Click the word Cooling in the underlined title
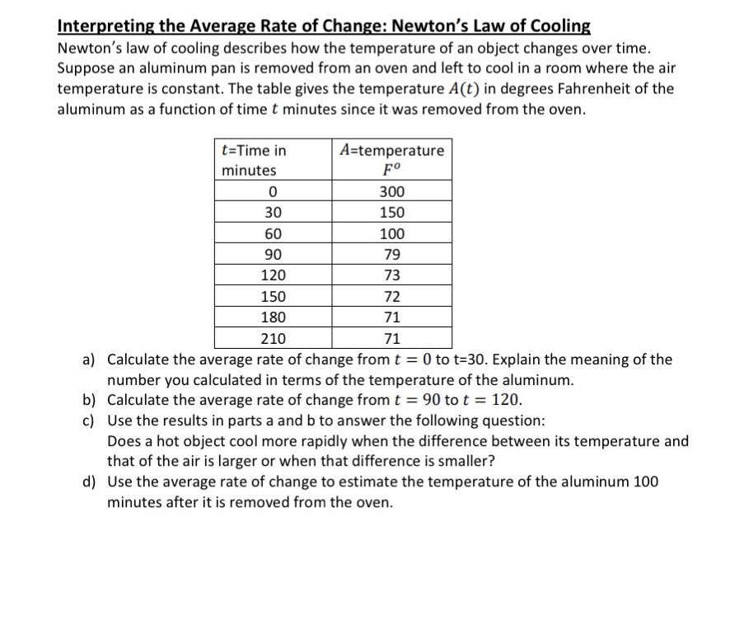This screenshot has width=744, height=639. click(x=554, y=25)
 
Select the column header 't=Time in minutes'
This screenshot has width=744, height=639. click(x=255, y=160)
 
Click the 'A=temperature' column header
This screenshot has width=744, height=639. click(x=391, y=150)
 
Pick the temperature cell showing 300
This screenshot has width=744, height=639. click(x=391, y=192)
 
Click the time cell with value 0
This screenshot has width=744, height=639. click(x=273, y=192)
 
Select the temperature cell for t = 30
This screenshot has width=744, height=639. click(x=391, y=213)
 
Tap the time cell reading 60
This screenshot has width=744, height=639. click(x=273, y=233)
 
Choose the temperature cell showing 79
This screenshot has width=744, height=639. click(x=392, y=255)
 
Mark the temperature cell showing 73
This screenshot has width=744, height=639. click(x=392, y=275)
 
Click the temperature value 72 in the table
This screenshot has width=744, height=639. click(x=392, y=297)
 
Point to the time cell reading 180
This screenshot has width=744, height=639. click(x=273, y=317)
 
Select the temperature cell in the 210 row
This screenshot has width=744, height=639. click(x=392, y=338)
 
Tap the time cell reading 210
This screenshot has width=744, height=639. click(x=273, y=338)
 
